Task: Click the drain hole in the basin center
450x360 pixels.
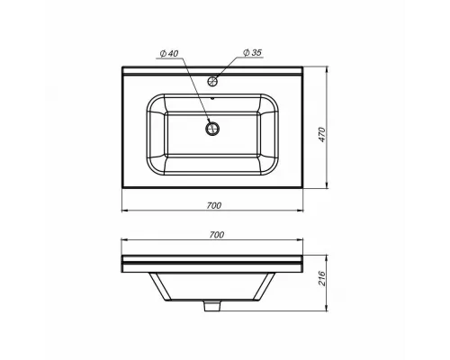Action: click(x=214, y=128)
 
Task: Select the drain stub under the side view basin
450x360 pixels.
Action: click(x=214, y=308)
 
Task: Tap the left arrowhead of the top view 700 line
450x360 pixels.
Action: click(x=124, y=212)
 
